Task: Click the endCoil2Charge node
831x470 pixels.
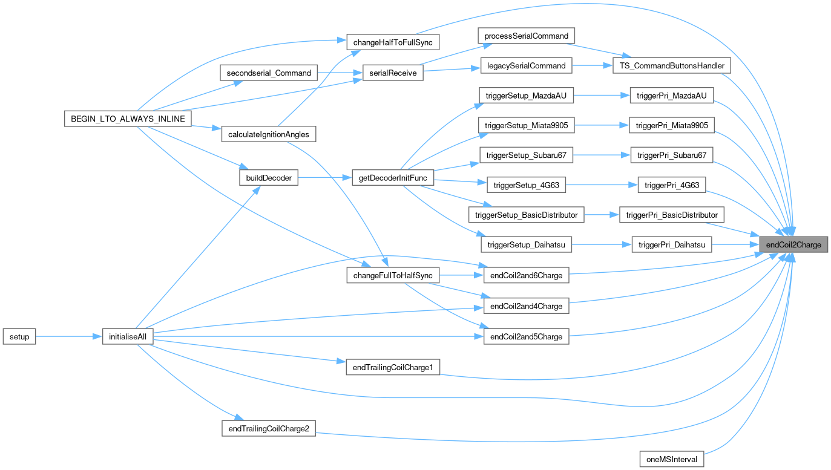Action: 793,245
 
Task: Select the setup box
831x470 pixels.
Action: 19,336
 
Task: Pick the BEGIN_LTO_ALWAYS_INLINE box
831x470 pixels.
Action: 128,118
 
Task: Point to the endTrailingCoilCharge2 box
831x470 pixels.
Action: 269,429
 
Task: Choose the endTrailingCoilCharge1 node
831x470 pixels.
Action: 392,367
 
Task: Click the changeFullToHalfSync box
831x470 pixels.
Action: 392,275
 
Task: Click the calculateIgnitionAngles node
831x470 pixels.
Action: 269,133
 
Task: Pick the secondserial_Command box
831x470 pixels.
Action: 268,73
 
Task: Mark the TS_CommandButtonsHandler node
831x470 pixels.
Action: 672,65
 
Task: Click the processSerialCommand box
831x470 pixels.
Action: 526,36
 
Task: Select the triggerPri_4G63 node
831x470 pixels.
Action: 672,185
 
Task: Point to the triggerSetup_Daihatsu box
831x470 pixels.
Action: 526,245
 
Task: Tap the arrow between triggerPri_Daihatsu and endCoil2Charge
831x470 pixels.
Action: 735,245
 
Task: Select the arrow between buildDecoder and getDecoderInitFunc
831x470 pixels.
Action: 324,178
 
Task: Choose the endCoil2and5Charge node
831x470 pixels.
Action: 526,336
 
